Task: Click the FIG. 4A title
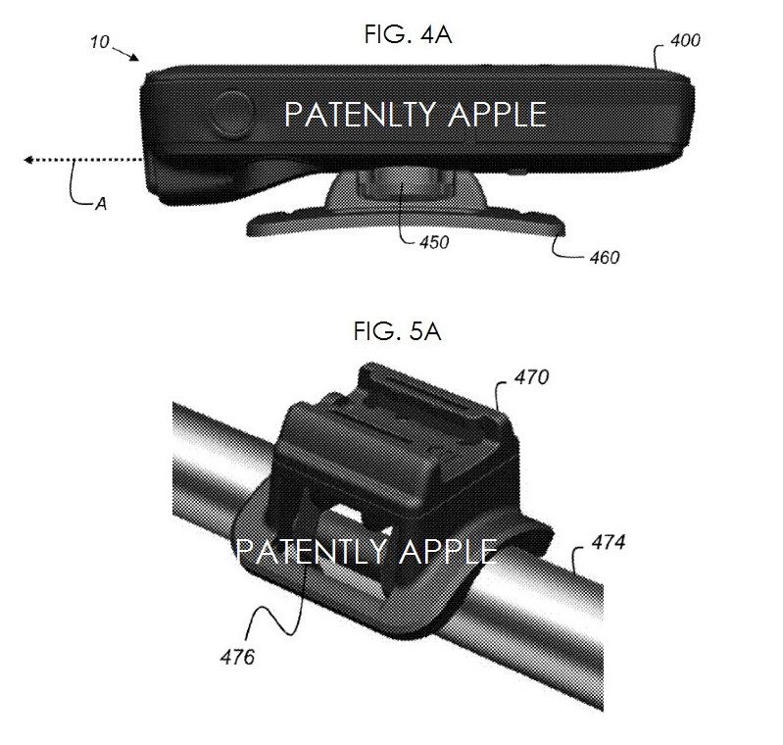(x=408, y=35)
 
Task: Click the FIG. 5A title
(x=398, y=331)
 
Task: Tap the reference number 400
(x=685, y=40)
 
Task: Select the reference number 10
(x=99, y=42)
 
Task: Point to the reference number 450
(x=434, y=242)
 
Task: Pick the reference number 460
(x=605, y=258)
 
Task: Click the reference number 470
(x=532, y=377)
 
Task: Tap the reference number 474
(x=609, y=542)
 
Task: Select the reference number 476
(x=238, y=657)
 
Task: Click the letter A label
(x=101, y=204)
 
